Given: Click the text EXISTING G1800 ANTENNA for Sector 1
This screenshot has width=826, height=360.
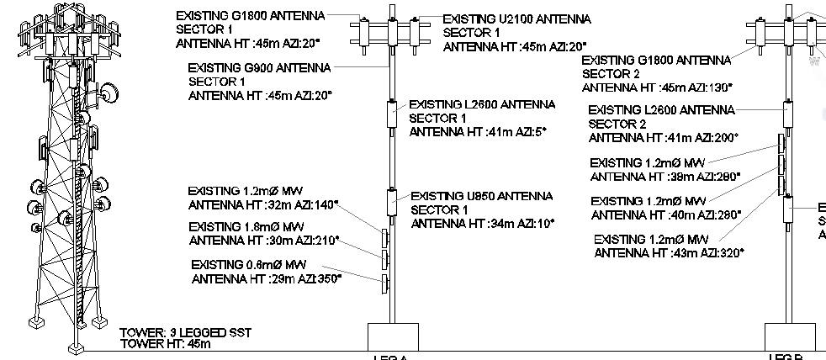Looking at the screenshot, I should click(x=250, y=16).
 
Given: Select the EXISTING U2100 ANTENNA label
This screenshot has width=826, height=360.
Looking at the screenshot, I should click(x=516, y=19).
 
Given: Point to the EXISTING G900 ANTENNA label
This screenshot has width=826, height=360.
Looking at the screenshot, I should click(x=259, y=67).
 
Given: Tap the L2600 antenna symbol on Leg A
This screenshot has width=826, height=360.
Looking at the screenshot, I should click(x=392, y=113).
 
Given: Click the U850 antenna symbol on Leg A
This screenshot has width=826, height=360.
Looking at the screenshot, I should click(x=392, y=202).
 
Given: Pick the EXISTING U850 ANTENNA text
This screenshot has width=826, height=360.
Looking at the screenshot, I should click(x=482, y=196).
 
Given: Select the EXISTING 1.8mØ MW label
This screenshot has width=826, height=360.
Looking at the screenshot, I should click(x=246, y=227).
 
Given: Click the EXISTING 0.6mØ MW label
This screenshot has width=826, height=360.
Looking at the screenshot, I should click(x=247, y=265).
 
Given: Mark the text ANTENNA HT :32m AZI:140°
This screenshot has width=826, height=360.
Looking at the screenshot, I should click(x=263, y=204).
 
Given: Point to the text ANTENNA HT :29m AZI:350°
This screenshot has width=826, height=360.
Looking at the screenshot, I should click(x=267, y=278).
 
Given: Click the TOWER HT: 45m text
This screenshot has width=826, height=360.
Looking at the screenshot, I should click(x=166, y=343).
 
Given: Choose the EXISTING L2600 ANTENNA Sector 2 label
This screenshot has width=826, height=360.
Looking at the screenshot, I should click(x=661, y=110).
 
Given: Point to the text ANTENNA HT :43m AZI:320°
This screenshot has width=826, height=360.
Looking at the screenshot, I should click(x=669, y=252).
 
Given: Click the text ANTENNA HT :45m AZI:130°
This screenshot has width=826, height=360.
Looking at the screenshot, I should click(x=657, y=87).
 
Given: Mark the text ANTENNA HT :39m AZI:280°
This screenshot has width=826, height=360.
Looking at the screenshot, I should click(x=665, y=177).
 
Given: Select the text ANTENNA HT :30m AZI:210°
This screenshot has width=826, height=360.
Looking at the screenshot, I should click(x=263, y=241).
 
